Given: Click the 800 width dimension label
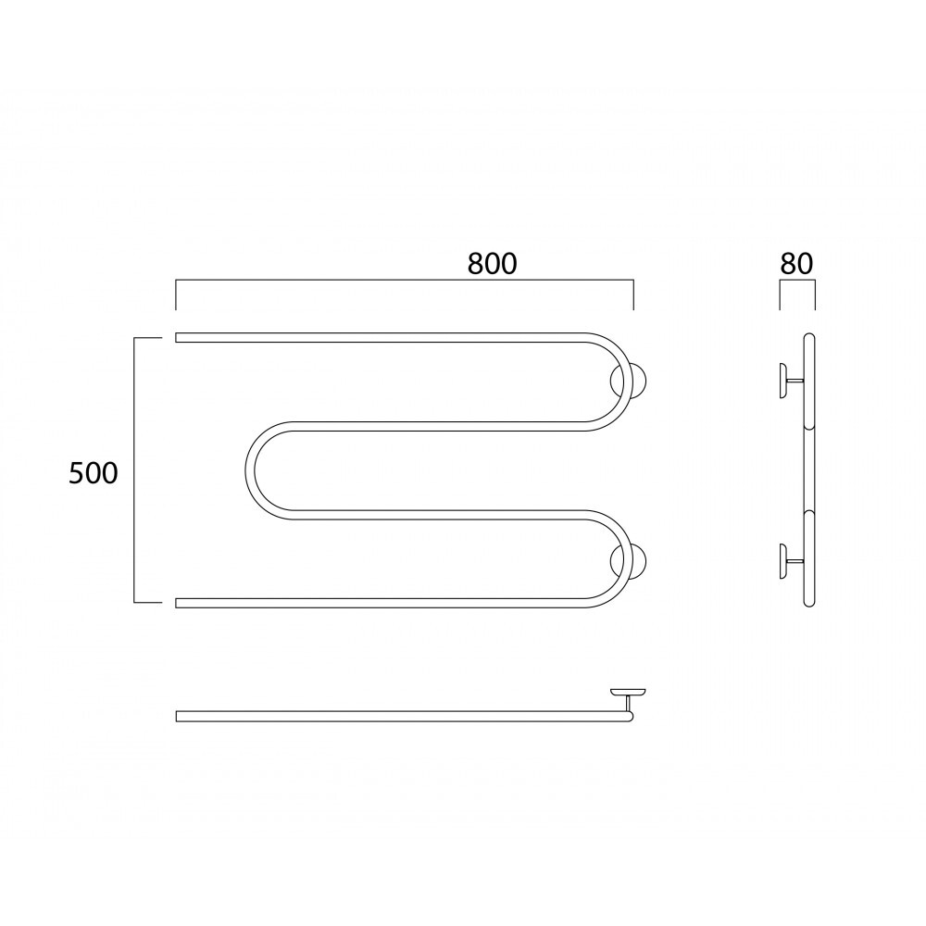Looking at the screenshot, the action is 492,264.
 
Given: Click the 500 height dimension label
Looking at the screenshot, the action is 94,473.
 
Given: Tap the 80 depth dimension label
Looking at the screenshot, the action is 796,264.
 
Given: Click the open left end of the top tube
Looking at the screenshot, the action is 176,338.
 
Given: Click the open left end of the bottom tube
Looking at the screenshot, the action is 176,603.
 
